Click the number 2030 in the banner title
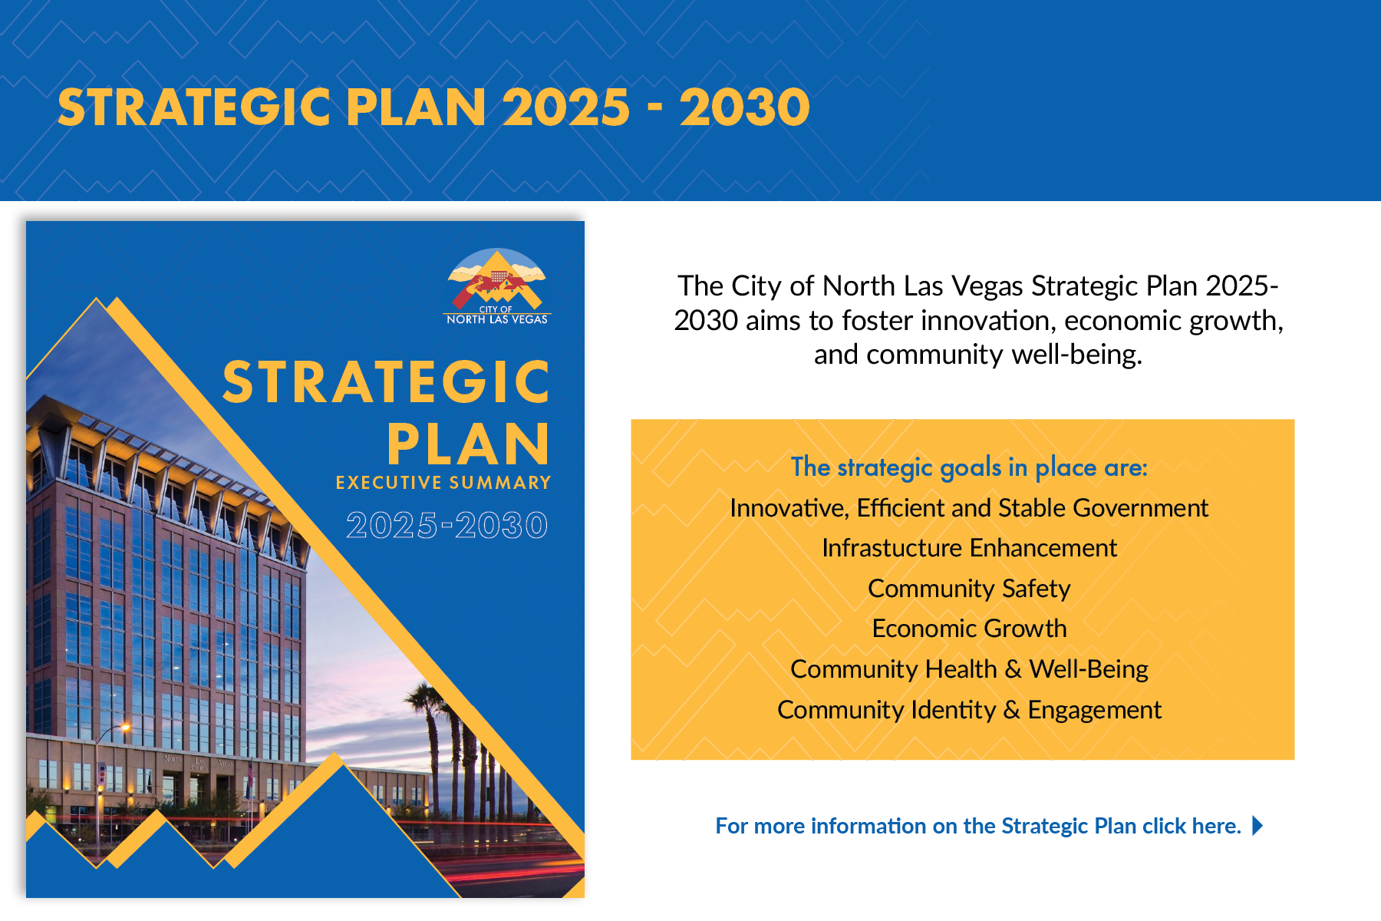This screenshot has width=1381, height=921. tap(744, 107)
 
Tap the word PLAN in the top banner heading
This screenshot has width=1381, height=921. tap(415, 107)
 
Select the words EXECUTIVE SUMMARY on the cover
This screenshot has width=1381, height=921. tap(443, 483)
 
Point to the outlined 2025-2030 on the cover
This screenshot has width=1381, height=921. tap(447, 526)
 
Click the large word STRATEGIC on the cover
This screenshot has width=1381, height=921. tap(387, 382)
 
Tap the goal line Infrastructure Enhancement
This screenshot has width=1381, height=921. tap(969, 548)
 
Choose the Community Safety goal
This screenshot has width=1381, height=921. tap(969, 589)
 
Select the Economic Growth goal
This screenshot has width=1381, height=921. tap(969, 629)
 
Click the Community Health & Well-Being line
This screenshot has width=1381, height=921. tap(969, 669)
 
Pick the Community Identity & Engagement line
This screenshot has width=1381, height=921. tap(969, 710)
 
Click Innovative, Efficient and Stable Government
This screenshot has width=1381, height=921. tap(969, 508)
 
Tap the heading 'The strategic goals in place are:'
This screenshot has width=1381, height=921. tap(969, 467)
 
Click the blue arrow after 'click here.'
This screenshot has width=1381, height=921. tap(1257, 826)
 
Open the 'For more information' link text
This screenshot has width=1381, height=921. tap(977, 826)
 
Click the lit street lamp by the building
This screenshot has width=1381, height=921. tap(124, 726)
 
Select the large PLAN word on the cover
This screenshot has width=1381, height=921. tap(468, 444)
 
